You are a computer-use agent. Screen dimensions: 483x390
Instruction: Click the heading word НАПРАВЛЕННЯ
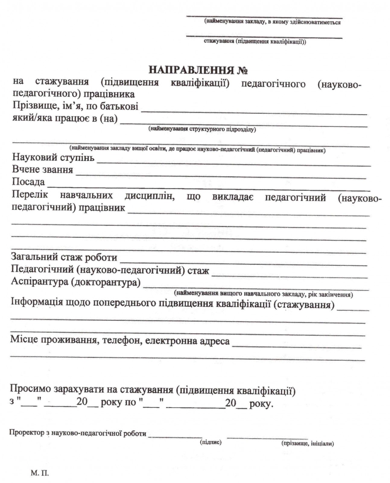pos(191,70)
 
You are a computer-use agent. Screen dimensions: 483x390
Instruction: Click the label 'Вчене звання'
pos(43,170)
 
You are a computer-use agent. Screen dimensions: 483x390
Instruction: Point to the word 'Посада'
pos(28,182)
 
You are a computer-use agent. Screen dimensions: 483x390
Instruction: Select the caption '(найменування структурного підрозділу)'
pos(202,130)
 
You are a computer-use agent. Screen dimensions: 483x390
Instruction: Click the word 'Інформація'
pos(37,302)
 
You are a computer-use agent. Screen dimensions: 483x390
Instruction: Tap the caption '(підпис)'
pos(211,442)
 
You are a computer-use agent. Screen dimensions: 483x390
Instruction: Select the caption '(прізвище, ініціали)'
pos(307,443)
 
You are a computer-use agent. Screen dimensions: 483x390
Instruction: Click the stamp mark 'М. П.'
pos(40,473)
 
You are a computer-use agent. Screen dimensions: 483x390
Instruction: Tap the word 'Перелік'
pos(30,195)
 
